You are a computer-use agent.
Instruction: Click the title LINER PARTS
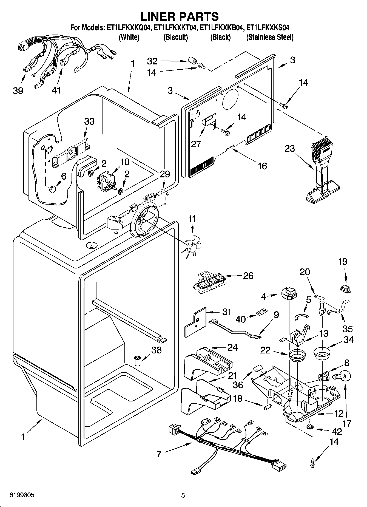180,17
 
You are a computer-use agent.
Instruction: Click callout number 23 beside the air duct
289,148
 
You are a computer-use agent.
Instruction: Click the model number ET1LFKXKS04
268,28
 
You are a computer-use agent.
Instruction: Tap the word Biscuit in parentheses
175,37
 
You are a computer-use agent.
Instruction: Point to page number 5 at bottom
183,495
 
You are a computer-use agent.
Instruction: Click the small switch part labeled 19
346,288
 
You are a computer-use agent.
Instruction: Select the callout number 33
89,121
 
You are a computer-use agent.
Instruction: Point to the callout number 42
337,432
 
